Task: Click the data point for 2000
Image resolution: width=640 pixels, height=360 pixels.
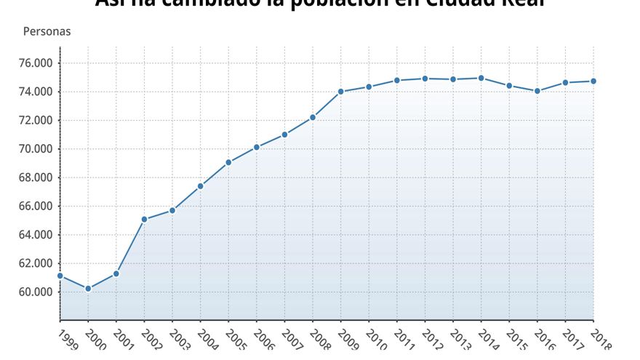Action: [x=88, y=289]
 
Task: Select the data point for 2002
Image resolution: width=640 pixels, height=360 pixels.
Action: [x=144, y=219]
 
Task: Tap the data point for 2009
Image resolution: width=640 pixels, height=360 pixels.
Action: [x=340, y=92]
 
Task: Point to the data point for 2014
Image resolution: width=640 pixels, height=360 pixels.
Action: [x=481, y=78]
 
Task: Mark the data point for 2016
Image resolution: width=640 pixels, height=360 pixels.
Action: [x=537, y=91]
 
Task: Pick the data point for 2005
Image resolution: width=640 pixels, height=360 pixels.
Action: [x=228, y=162]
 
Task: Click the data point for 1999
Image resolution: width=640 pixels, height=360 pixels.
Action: [x=60, y=276]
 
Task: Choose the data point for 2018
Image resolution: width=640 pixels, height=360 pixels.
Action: [x=593, y=81]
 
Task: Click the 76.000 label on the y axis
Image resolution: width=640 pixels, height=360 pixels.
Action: [x=36, y=63]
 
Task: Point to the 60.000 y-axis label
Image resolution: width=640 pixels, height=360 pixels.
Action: [x=36, y=292]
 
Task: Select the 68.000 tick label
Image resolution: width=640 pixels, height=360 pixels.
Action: [x=36, y=177]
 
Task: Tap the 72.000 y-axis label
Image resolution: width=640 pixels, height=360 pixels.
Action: [x=36, y=120]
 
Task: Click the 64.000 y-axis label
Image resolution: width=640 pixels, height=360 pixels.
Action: [x=36, y=235]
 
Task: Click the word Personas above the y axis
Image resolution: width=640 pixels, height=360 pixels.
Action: [x=47, y=32]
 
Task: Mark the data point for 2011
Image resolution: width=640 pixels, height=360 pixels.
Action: [x=397, y=80]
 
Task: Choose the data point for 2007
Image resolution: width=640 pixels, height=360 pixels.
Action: [x=284, y=135]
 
